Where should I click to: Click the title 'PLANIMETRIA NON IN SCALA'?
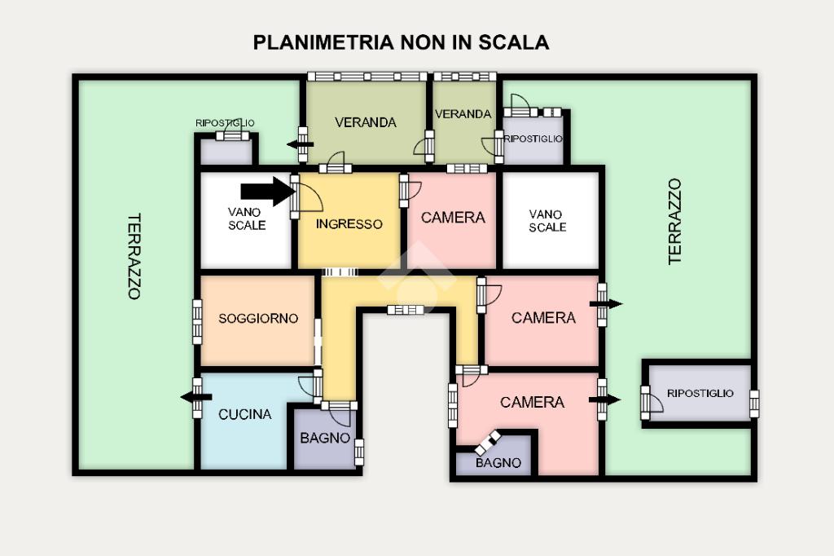click(x=401, y=42)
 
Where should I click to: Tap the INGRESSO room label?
click(x=349, y=224)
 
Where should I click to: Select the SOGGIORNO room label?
click(x=258, y=319)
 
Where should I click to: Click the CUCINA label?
click(x=244, y=414)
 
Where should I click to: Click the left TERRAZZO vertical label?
click(x=134, y=256)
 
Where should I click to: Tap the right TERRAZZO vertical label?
click(x=675, y=222)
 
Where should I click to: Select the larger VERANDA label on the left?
click(x=366, y=122)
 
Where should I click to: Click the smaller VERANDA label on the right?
click(x=463, y=114)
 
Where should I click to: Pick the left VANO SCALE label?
click(x=245, y=218)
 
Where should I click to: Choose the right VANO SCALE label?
click(x=546, y=220)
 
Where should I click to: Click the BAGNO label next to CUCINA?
click(x=325, y=438)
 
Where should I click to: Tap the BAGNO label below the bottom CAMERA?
click(x=498, y=463)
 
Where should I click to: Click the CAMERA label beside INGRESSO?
click(x=453, y=218)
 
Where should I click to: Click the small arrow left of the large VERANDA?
click(x=299, y=144)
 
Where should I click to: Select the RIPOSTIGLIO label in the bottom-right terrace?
click(x=700, y=393)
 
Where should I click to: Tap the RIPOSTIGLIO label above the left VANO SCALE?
click(x=225, y=123)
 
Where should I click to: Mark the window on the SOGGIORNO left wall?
click(x=197, y=320)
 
